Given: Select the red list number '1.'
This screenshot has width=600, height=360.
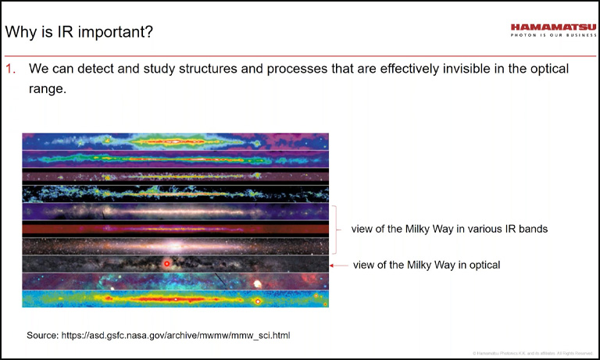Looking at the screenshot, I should point(11,69).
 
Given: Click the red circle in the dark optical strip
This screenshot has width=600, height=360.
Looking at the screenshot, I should point(166,265).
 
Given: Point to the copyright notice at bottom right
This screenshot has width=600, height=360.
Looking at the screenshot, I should point(531,354).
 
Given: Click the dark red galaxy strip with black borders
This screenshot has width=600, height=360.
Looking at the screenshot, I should point(175,229).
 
